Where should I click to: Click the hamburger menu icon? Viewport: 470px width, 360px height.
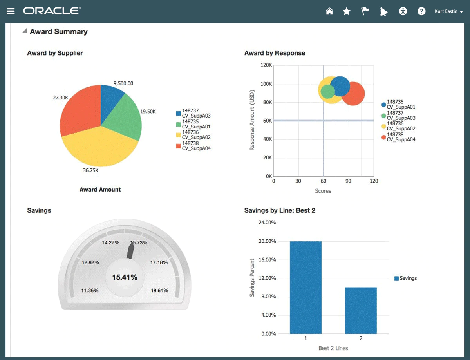coord(11,11)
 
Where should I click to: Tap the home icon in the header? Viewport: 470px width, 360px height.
coord(329,11)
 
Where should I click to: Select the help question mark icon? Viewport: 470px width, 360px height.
coord(421,11)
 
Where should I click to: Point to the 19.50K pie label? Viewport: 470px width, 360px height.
coord(148,112)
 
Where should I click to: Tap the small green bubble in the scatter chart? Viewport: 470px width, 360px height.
coord(327,92)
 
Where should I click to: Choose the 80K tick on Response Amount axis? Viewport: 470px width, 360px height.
coord(266,103)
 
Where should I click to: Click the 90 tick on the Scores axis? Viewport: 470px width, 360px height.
coord(349,181)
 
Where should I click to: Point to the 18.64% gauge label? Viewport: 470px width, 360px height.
coord(159,291)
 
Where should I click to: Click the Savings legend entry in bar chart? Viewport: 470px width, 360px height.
coord(406,279)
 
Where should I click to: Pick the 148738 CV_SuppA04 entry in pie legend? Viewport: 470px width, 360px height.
coord(193,146)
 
